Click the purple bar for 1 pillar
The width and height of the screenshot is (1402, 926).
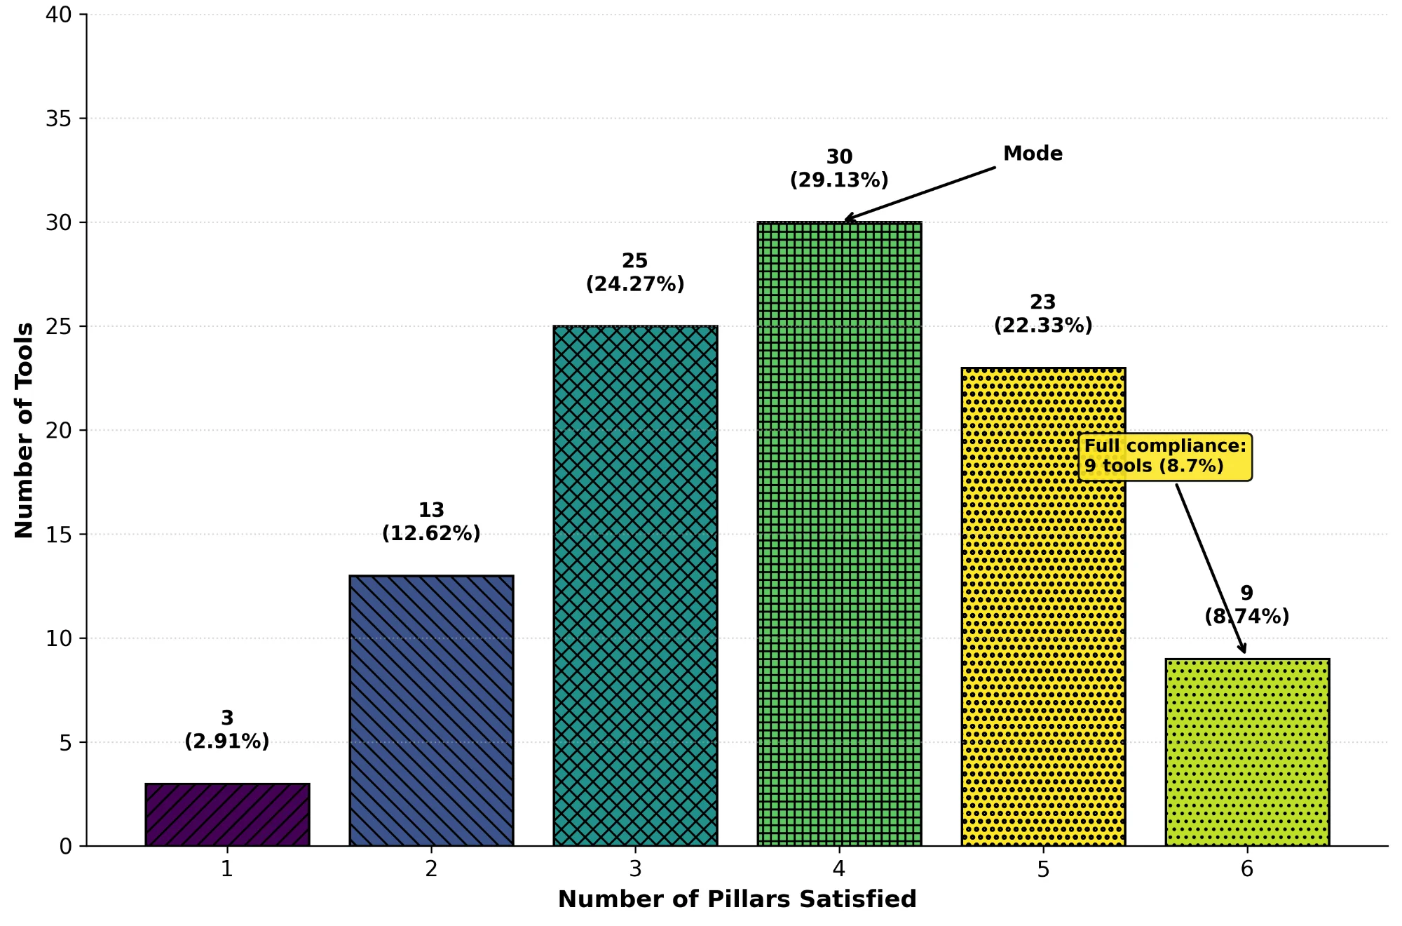(227, 814)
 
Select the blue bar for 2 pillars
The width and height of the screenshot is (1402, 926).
(431, 710)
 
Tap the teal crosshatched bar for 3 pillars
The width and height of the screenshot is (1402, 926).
(635, 586)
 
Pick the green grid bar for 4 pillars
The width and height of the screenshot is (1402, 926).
(839, 533)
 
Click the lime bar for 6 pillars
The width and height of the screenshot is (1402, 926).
(1247, 752)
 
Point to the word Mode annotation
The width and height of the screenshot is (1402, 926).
(1033, 154)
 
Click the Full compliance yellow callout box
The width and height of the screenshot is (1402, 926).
(1165, 457)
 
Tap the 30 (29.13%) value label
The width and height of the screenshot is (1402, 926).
(839, 168)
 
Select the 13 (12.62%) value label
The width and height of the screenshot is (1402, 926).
(431, 521)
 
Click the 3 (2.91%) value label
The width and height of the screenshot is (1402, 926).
(227, 730)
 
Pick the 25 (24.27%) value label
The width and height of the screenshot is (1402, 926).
(635, 272)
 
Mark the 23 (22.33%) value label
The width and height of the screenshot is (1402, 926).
(1043, 314)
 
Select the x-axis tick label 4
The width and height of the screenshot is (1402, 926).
(839, 869)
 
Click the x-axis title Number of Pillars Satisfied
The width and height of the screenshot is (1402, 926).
(737, 899)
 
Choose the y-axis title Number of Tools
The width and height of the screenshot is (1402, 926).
(24, 430)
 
